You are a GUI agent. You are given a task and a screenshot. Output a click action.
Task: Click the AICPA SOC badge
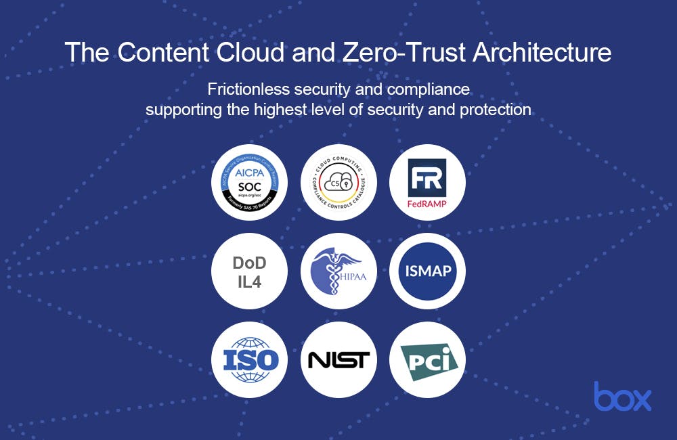(x=250, y=182)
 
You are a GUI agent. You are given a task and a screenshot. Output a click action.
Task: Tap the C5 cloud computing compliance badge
(x=338, y=182)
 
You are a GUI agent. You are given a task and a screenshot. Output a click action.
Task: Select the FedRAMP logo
(x=427, y=182)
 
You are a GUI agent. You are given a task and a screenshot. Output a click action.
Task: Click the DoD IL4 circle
(x=250, y=271)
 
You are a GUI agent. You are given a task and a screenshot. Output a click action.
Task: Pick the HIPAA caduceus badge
(x=338, y=271)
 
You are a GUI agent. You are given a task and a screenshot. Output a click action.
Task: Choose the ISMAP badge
(x=427, y=271)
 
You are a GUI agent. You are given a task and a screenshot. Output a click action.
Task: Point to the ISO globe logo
(x=250, y=359)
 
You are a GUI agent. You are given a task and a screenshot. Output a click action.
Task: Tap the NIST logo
(x=338, y=359)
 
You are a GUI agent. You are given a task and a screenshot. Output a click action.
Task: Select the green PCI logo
(x=427, y=359)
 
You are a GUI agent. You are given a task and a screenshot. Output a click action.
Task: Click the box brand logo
(x=623, y=396)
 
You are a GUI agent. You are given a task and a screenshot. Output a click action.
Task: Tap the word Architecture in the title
(x=544, y=52)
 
